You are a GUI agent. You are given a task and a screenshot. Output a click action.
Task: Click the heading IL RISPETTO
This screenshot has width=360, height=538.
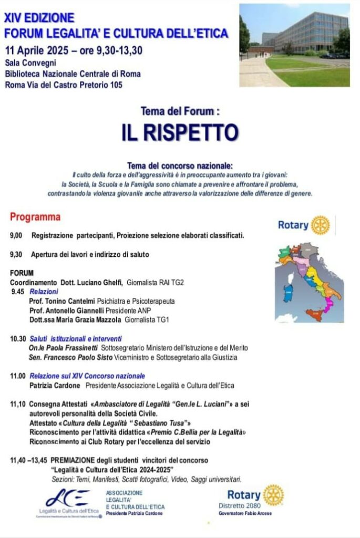pyautogui.click(x=180, y=132)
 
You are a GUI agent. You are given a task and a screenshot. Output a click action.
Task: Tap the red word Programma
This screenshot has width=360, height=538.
pyautogui.click(x=35, y=217)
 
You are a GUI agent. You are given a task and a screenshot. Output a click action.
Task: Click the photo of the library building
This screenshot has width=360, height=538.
pyautogui.click(x=294, y=45)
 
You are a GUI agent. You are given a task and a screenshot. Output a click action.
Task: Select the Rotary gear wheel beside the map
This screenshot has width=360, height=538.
pyautogui.click(x=320, y=225)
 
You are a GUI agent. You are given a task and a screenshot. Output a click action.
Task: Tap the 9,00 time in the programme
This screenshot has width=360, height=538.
pyautogui.click(x=16, y=235)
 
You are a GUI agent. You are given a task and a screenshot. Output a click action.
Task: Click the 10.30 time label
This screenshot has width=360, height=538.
pyautogui.click(x=18, y=339)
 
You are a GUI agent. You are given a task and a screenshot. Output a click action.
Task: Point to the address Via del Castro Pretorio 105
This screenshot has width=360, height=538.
pyautogui.click(x=79, y=85)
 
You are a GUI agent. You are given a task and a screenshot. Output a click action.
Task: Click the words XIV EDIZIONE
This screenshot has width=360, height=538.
pyautogui.click(x=39, y=18)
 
